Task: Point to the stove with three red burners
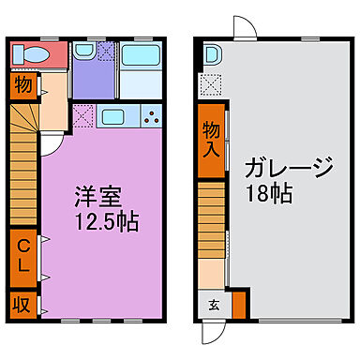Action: point(150,118)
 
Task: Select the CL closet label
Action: point(24,256)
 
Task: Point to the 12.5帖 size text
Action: point(98,223)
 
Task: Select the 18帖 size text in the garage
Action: point(269,196)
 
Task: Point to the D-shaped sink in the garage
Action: point(210,55)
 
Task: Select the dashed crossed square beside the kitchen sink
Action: point(82,118)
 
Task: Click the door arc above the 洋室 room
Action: point(49,140)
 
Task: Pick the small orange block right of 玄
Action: point(238,305)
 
